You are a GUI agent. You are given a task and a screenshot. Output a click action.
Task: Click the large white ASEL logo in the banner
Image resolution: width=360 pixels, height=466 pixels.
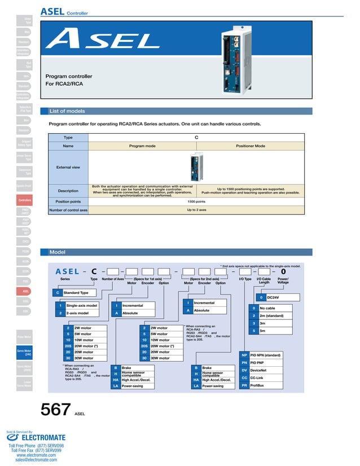(102, 39)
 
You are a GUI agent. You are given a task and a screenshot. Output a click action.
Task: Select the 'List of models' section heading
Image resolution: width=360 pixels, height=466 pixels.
(67, 111)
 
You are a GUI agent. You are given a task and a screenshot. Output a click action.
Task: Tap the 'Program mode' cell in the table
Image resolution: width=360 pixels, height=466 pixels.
(142, 146)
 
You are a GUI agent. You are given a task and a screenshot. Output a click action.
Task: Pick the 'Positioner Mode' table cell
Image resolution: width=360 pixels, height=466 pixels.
(250, 146)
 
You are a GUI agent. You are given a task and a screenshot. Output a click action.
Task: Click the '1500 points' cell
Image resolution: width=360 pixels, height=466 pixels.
(196, 201)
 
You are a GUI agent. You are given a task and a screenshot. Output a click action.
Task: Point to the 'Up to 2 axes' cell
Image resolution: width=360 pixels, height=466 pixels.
(196, 210)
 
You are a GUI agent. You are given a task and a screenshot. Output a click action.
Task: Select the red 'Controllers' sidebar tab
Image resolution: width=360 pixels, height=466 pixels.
(25, 200)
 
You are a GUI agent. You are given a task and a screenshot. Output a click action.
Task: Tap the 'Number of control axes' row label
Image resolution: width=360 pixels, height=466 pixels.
(68, 210)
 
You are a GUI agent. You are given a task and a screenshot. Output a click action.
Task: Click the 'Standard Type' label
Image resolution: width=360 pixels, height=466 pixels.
(76, 293)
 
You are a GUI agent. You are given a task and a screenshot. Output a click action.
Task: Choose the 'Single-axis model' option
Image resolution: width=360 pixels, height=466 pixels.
(82, 305)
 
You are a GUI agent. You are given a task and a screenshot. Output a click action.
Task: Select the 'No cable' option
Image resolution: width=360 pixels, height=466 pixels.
(268, 308)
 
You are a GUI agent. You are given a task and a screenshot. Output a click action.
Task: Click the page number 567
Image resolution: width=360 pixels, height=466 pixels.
(55, 410)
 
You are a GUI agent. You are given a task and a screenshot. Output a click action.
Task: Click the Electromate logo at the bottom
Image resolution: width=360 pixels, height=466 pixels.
(36, 437)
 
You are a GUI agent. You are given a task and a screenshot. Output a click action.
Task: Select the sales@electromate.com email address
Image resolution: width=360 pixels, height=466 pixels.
(36, 460)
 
